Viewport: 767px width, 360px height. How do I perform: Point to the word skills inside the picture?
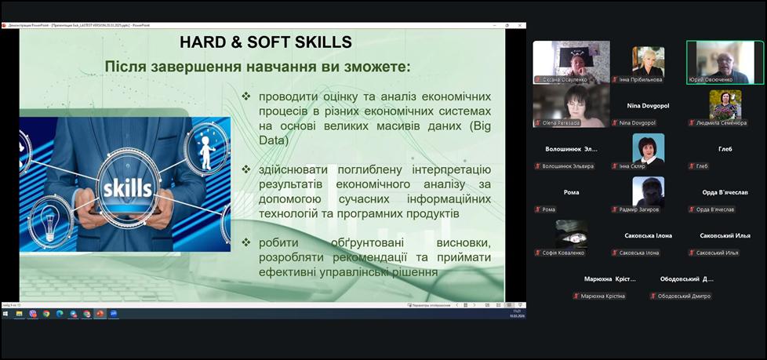(x=127, y=189)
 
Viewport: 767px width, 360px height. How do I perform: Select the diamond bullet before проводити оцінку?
(x=246, y=96)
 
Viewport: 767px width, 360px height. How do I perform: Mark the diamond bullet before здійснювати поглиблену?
(x=246, y=169)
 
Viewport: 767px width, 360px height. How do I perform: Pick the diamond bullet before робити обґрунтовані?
(x=246, y=242)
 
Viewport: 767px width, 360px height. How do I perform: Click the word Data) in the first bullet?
(x=273, y=141)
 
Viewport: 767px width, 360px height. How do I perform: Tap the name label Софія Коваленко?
(x=563, y=253)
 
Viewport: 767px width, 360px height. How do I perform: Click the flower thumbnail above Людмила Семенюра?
(x=725, y=104)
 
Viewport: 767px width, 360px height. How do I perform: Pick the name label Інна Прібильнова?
(x=641, y=79)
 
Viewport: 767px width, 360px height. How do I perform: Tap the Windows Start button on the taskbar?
(x=6, y=313)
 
